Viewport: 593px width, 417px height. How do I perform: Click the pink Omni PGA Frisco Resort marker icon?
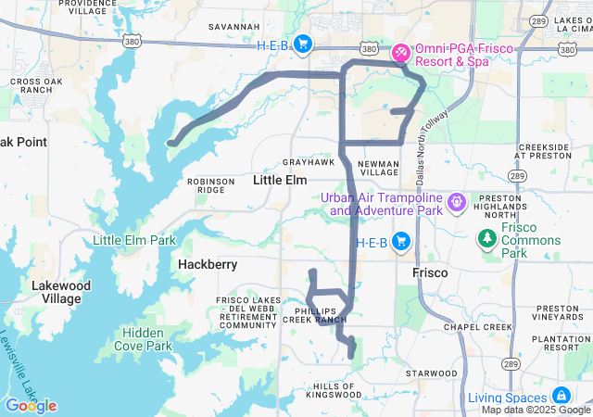pyautogui.click(x=400, y=53)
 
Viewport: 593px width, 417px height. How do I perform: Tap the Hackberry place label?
pyautogui.click(x=208, y=265)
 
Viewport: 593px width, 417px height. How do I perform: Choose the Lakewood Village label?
pyautogui.click(x=61, y=292)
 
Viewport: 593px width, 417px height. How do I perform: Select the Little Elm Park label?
pyautogui.click(x=134, y=241)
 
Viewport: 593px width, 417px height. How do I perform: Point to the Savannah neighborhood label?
pyautogui.click(x=233, y=27)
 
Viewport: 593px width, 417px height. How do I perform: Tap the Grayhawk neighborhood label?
pyautogui.click(x=308, y=161)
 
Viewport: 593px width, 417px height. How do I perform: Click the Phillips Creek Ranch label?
pyautogui.click(x=321, y=315)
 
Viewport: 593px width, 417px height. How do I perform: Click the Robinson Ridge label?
pyautogui.click(x=211, y=185)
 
